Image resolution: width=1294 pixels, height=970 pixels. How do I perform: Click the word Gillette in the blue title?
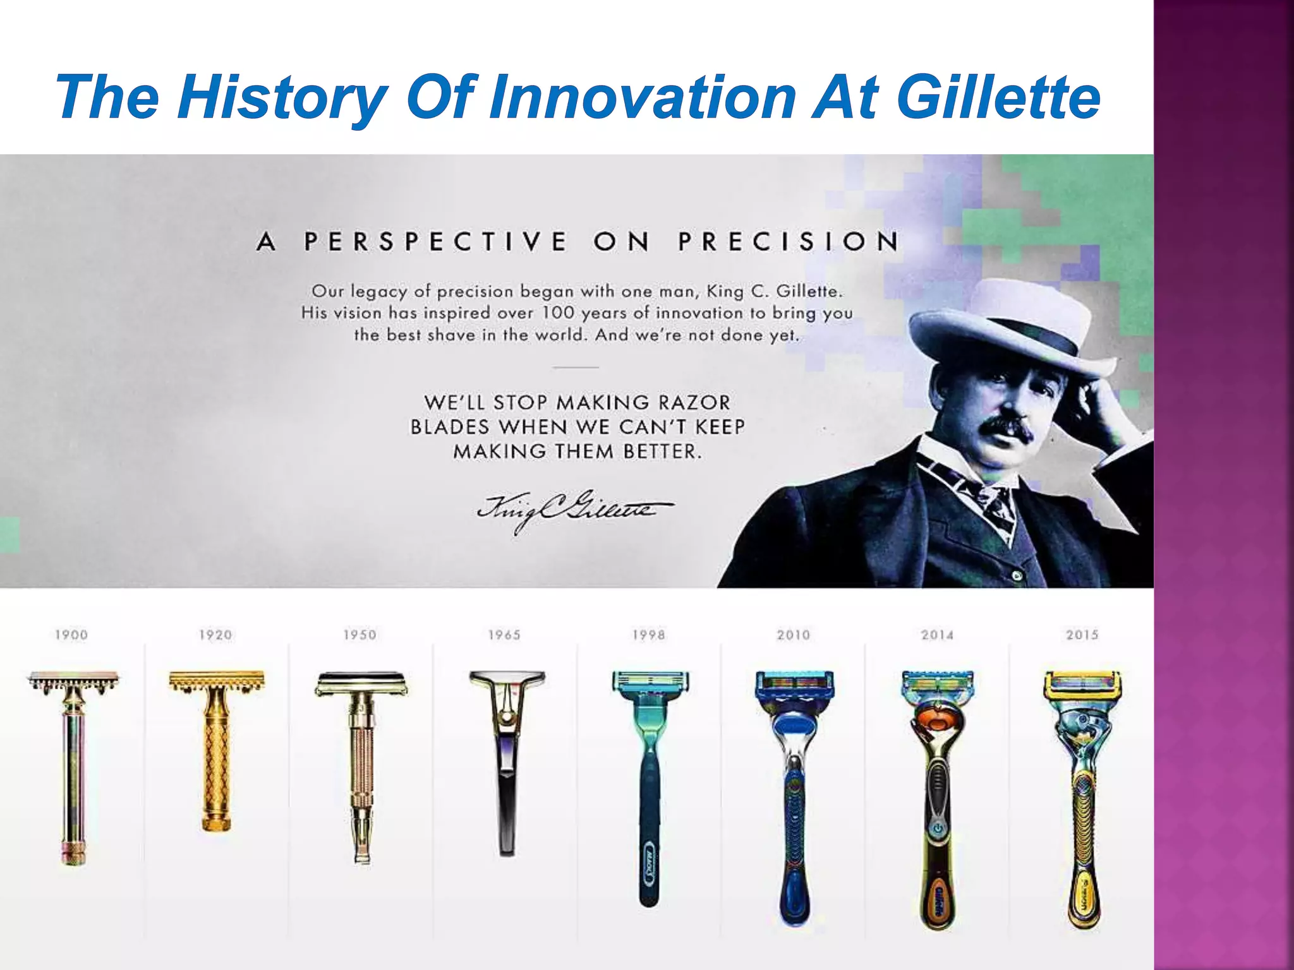(998, 98)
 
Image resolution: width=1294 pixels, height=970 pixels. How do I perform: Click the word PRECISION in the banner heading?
(789, 241)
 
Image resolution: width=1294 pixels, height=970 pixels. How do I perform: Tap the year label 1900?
(71, 635)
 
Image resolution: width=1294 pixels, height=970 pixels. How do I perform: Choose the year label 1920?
(215, 635)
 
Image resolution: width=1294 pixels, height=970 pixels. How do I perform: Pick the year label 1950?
(360, 635)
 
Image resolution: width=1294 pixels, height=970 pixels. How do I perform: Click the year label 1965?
(504, 635)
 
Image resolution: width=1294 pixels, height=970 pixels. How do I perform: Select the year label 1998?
(649, 635)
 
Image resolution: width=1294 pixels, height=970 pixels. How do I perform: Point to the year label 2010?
(793, 635)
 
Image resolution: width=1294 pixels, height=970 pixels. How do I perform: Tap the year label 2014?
(937, 635)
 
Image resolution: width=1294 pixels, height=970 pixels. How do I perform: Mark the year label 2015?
(1082, 635)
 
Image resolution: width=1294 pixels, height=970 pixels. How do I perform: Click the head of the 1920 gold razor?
(216, 681)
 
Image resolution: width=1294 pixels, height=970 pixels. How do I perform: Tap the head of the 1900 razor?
(73, 682)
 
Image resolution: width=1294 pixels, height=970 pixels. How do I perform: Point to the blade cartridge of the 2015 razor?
(1083, 684)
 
